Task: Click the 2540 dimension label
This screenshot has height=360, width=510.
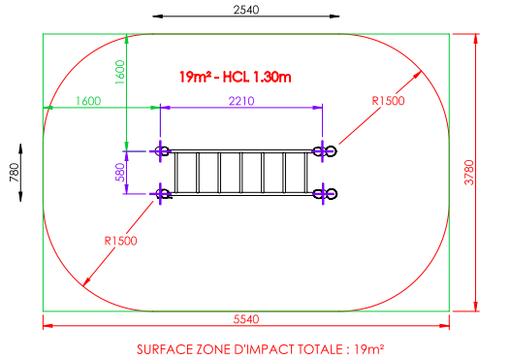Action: pyautogui.click(x=246, y=10)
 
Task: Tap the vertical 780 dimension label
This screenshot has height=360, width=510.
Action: pyautogui.click(x=15, y=173)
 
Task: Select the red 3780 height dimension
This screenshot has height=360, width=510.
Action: pyautogui.click(x=468, y=173)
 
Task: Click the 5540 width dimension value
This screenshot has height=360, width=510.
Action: pyautogui.click(x=246, y=319)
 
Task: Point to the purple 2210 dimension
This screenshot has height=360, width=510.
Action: pyautogui.click(x=241, y=101)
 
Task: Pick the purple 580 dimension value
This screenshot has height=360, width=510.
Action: pyautogui.click(x=120, y=173)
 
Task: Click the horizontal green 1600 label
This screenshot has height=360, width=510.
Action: pyautogui.click(x=88, y=101)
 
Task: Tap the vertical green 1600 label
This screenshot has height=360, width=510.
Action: pyautogui.click(x=120, y=72)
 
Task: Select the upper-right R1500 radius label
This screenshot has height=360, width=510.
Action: pyautogui.click(x=388, y=101)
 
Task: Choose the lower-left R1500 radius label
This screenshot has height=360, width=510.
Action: pyautogui.click(x=120, y=241)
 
